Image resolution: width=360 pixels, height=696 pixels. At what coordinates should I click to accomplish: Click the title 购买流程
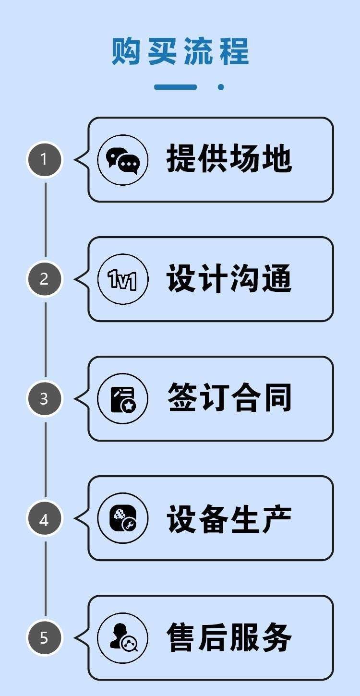point(180,51)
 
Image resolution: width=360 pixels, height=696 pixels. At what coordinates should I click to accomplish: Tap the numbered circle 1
point(45,159)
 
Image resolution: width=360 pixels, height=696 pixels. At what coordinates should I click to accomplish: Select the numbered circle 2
point(45,279)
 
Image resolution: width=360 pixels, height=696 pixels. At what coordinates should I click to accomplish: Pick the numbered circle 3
point(45,398)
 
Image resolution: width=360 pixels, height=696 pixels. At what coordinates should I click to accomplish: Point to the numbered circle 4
point(45,518)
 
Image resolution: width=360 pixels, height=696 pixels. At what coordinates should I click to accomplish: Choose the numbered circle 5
point(45,637)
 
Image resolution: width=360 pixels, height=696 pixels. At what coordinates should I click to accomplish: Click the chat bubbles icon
point(123,160)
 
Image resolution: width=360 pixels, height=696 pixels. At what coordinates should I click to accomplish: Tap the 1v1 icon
point(123,279)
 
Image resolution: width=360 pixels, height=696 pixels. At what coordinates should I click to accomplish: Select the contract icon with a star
point(123,399)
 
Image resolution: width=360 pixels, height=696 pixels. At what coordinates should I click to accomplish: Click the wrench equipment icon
point(123,518)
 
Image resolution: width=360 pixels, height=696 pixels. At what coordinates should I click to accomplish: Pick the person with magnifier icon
point(123,637)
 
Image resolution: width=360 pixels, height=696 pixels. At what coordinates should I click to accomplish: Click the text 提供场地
point(229,158)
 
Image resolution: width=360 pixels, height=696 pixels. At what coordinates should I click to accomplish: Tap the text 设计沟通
point(229,278)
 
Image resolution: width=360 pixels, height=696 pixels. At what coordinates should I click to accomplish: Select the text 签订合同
point(229,397)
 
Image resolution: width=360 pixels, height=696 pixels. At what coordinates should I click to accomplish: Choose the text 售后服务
point(229,637)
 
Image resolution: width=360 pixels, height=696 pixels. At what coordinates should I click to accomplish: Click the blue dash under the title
point(176,87)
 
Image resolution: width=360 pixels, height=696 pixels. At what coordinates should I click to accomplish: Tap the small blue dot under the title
point(221,87)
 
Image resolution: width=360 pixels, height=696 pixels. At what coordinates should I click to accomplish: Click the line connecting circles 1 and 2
point(46,220)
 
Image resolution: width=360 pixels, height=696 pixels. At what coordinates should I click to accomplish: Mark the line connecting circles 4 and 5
point(46,578)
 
